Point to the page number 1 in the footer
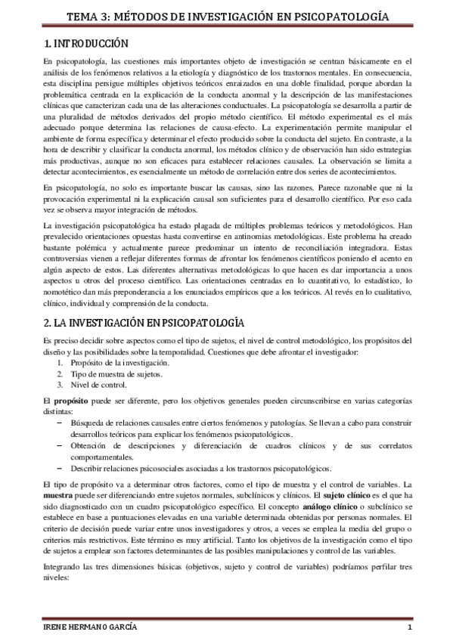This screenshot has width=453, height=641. tap(409, 628)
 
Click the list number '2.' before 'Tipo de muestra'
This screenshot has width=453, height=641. tap(61, 373)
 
